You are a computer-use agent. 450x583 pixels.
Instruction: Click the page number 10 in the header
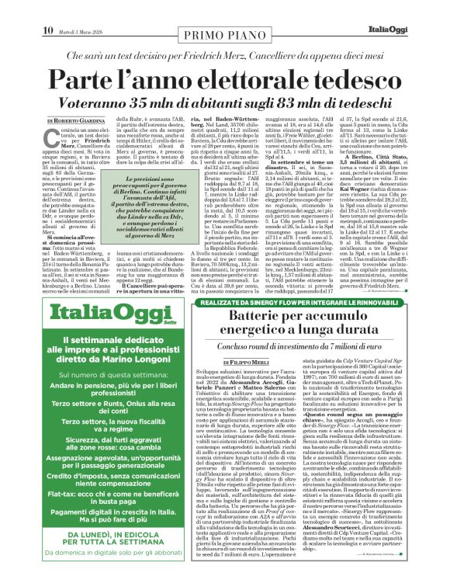pos(47,9)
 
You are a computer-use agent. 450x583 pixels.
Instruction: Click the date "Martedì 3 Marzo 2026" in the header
pos(85,10)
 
